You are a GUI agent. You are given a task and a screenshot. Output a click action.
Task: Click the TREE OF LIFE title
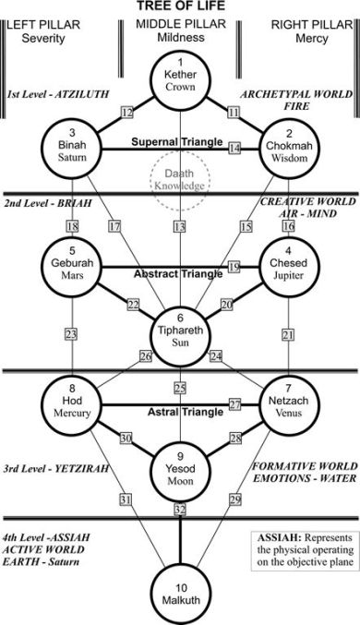click(180, 6)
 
